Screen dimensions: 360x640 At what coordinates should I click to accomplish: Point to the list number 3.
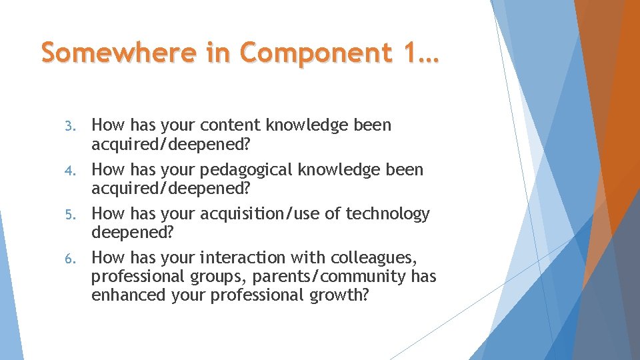[77, 126]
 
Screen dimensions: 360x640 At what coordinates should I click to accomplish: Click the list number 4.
[77, 171]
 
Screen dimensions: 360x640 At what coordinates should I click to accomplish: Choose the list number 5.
[77, 215]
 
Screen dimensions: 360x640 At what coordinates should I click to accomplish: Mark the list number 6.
[77, 259]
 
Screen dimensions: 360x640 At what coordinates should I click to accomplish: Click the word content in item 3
[229, 125]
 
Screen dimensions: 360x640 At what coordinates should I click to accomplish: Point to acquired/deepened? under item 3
[170, 145]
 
